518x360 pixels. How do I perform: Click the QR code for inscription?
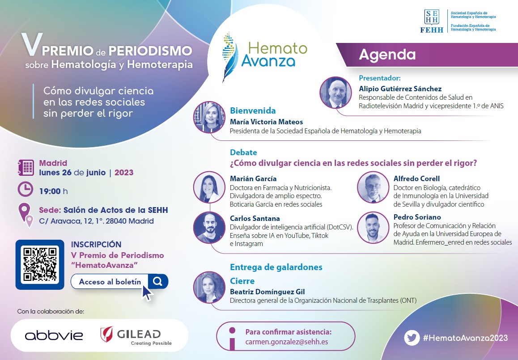40,264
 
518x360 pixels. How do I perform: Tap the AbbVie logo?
54,335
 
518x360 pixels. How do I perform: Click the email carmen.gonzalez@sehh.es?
286,341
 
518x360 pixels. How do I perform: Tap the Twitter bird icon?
412,338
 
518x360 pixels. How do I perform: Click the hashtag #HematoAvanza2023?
466,338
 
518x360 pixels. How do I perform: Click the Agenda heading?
387,55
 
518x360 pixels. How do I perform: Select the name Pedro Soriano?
417,217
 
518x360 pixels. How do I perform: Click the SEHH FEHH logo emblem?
432,21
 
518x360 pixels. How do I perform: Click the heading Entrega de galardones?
276,267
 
